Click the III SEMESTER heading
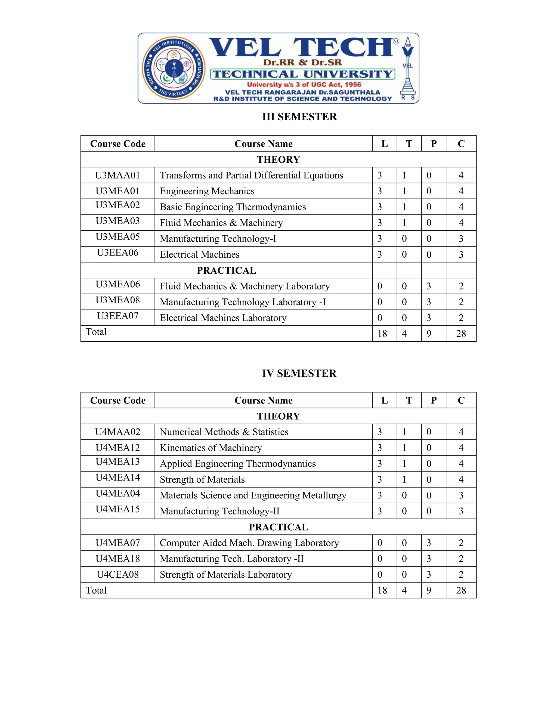299,117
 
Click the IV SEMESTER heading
299,373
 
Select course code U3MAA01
117,175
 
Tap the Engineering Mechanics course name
207,191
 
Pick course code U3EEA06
117,253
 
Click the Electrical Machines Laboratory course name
223,318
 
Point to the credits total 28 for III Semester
461,334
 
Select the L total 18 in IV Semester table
382,590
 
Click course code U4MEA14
117,478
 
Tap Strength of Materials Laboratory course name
225,575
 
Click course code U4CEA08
117,575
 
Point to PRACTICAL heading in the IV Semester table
278,527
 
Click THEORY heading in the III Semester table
278,159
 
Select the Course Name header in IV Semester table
263,400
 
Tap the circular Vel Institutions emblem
174,68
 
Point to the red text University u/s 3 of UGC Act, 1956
304,85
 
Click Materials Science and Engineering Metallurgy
253,495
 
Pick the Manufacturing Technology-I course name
218,239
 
